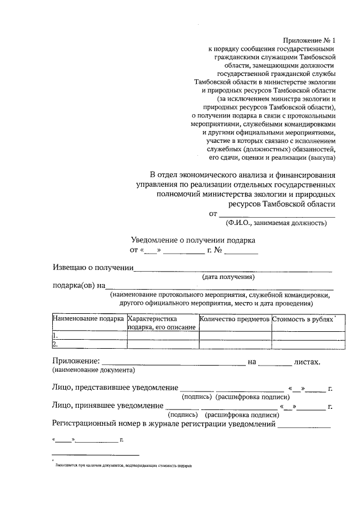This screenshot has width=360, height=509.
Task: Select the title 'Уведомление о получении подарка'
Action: (x=193, y=240)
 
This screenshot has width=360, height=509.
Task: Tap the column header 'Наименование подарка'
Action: (x=88, y=319)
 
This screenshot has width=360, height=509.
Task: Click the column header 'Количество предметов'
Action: (x=235, y=319)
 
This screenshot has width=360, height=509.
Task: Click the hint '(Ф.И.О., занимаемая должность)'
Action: (x=275, y=223)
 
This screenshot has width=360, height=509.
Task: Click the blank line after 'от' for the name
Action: (x=276, y=215)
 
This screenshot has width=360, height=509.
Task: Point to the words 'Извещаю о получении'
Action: (x=93, y=267)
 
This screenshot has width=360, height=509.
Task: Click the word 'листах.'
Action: (x=307, y=361)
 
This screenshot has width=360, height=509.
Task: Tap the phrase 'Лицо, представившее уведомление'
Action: (x=115, y=388)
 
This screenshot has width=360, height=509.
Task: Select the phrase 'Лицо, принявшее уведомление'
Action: (x=107, y=405)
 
